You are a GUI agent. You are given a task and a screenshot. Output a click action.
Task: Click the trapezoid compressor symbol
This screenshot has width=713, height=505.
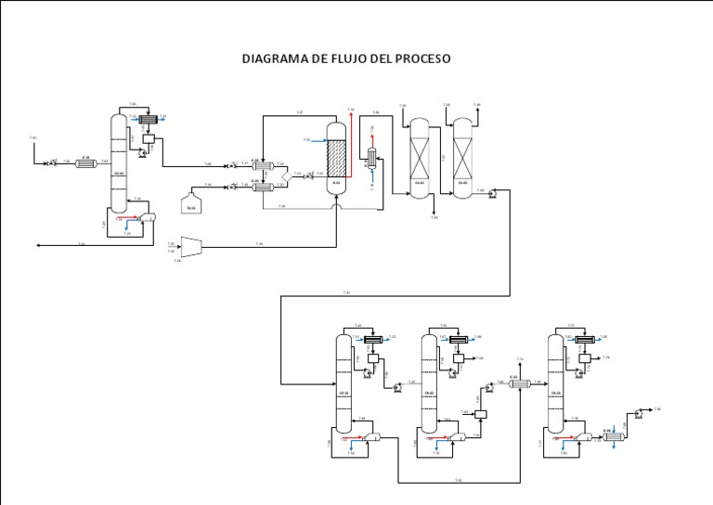tap(191, 245)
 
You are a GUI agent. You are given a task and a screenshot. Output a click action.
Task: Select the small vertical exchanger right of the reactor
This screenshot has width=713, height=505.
tap(371, 157)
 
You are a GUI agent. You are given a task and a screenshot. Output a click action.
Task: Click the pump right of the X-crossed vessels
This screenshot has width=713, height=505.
tap(493, 193)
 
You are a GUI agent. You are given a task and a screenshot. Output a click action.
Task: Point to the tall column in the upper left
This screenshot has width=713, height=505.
tap(117, 162)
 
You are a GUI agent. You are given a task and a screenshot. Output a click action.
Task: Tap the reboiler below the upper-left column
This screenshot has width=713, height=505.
tap(147, 215)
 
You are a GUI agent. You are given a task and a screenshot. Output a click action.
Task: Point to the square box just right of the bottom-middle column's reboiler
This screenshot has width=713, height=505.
tap(481, 416)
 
